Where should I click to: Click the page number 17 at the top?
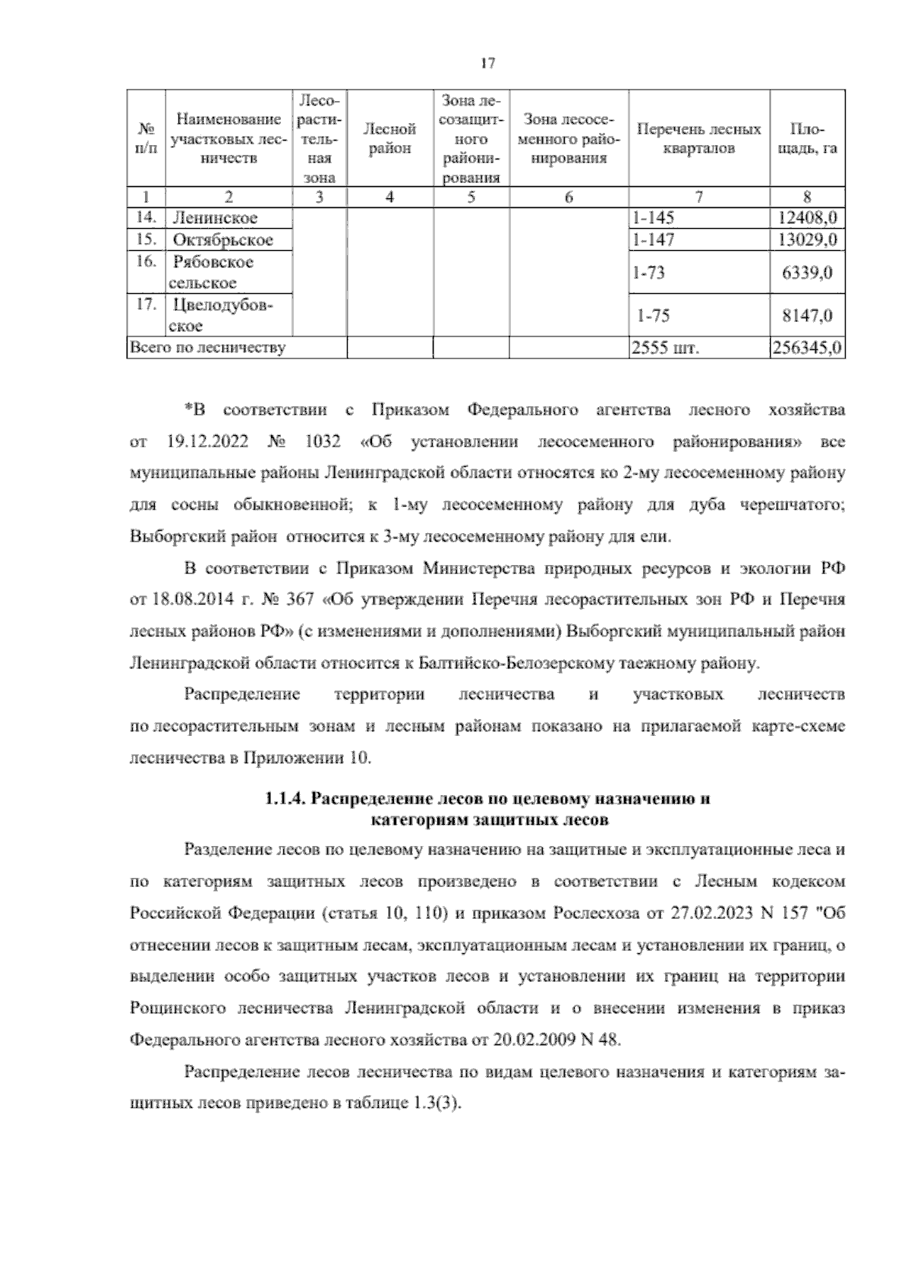[x=487, y=64]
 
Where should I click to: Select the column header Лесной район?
[x=389, y=139]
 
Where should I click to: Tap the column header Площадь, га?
[x=808, y=139]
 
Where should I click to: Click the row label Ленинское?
[x=216, y=218]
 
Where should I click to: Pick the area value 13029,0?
[x=808, y=240]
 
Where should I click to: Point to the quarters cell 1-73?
[x=648, y=272]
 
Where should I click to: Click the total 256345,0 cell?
[x=807, y=348]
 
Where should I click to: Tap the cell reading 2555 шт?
[x=665, y=348]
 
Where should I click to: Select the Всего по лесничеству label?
[x=208, y=348]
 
